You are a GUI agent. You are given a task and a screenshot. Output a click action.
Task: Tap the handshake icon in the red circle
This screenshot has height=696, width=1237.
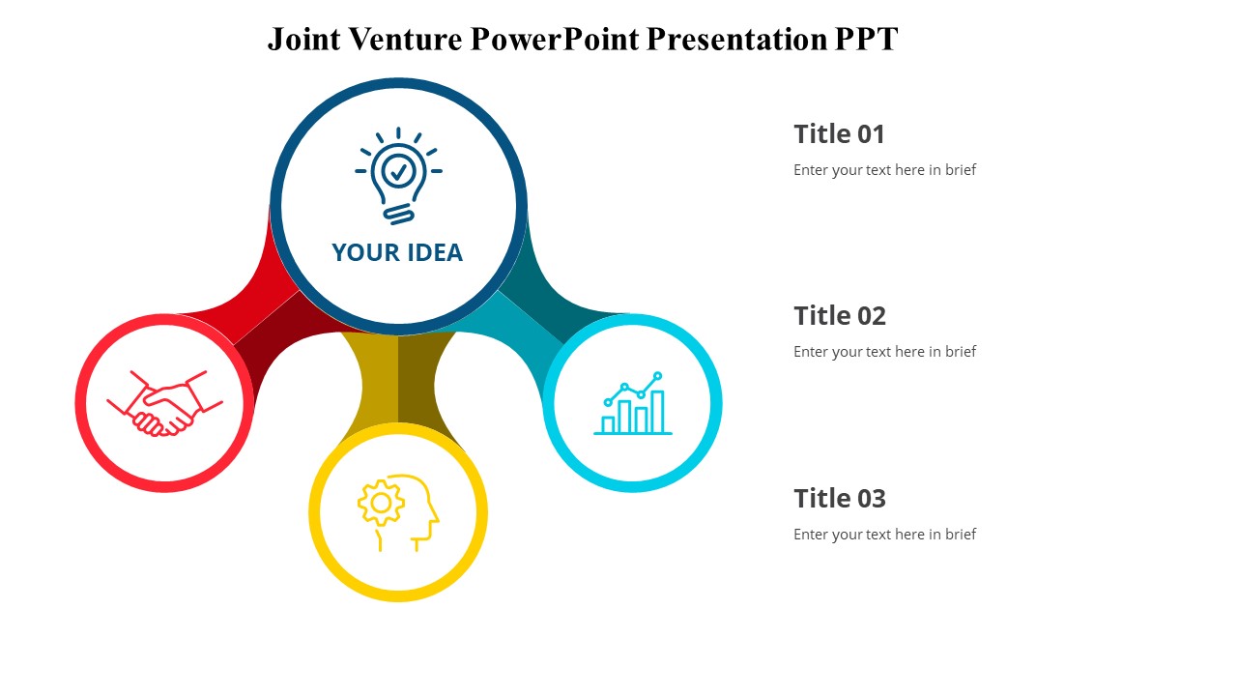(x=164, y=403)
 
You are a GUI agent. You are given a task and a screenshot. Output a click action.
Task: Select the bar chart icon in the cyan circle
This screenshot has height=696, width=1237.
(x=633, y=403)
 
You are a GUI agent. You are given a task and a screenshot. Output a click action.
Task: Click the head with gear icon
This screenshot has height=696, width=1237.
(x=398, y=512)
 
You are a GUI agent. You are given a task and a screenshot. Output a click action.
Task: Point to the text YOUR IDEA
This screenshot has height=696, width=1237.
(x=397, y=252)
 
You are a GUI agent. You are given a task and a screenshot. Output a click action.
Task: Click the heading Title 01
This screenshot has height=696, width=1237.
(x=839, y=134)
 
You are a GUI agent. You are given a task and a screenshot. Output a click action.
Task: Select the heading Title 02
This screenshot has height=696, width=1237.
(x=839, y=316)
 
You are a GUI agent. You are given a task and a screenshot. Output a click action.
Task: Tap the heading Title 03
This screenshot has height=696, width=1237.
(x=839, y=499)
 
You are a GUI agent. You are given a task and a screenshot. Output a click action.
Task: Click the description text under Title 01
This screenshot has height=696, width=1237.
(x=884, y=170)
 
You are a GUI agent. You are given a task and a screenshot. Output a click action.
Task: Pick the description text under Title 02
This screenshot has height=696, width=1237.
(x=884, y=352)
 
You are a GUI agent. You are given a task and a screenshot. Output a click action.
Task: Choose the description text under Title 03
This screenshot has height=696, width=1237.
(x=884, y=535)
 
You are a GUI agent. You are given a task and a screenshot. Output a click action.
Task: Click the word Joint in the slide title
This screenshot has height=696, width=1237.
(x=302, y=40)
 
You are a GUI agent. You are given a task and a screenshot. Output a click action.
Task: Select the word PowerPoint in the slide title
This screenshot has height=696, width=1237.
(x=555, y=40)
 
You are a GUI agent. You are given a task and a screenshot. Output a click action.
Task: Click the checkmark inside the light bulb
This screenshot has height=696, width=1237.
(x=398, y=171)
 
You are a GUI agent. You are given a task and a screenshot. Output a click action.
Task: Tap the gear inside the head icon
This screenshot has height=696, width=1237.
(x=381, y=503)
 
